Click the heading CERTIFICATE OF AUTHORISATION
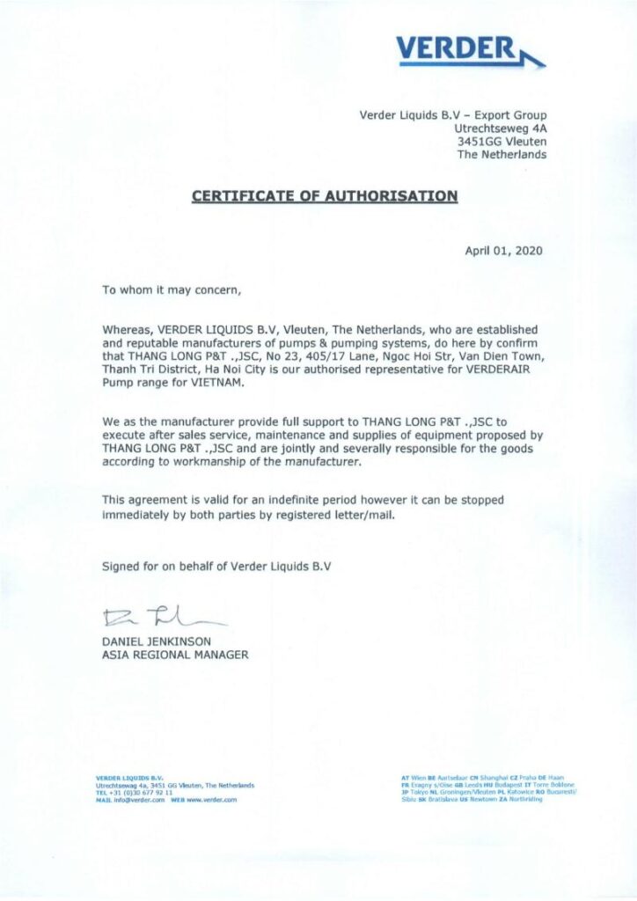coord(325,195)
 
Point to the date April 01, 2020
coord(503,250)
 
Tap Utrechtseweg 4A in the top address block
coord(497,128)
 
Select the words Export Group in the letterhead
coord(509,115)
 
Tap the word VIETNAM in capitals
coord(210,384)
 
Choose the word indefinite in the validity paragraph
coord(271,502)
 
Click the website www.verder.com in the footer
coord(214,799)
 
